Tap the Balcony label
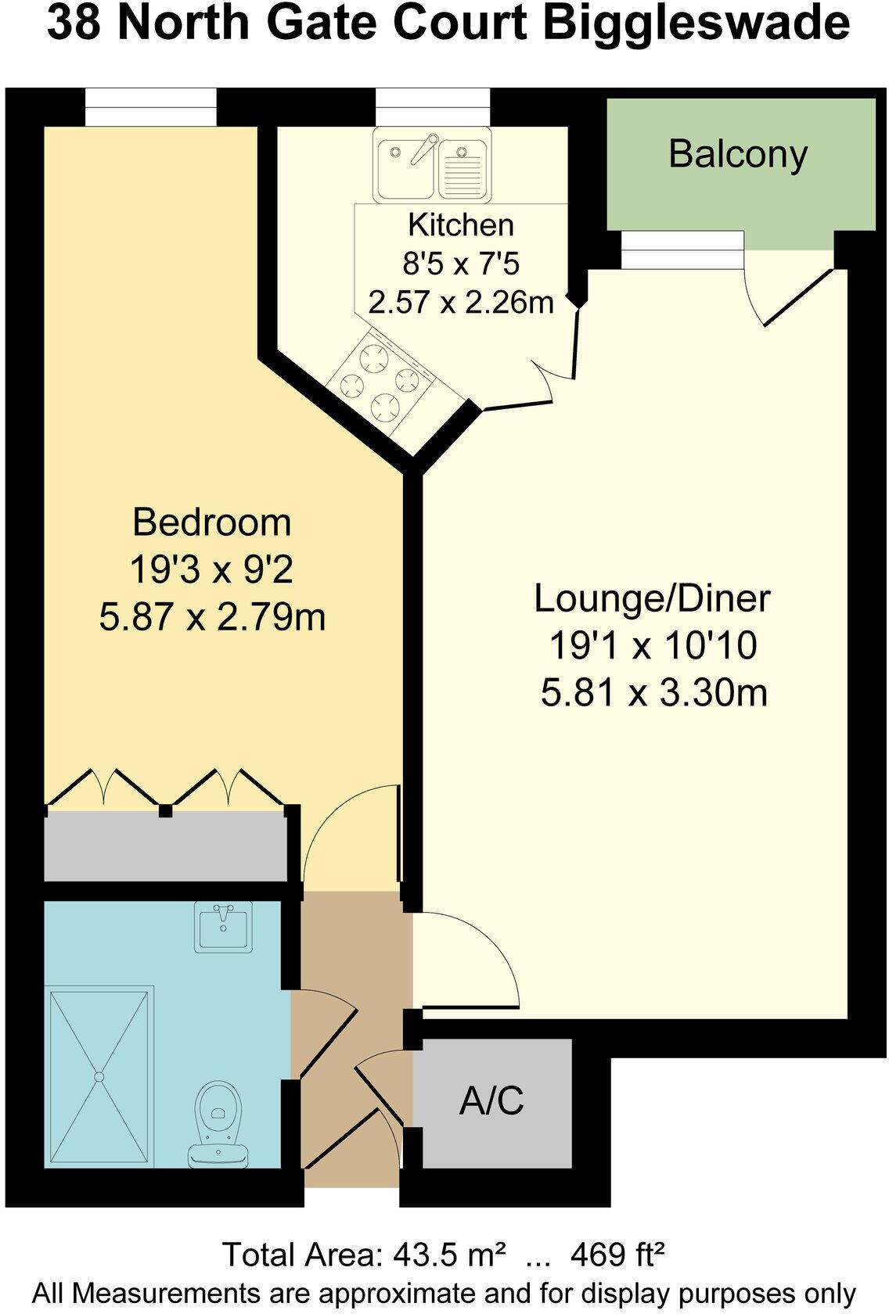point(737,154)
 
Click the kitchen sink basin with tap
point(405,166)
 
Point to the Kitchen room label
point(461,225)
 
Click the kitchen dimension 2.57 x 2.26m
point(461,301)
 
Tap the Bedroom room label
point(211,522)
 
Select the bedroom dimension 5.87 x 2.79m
point(211,618)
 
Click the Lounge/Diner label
point(652,598)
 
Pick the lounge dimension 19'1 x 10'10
point(652,646)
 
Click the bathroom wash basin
point(225,927)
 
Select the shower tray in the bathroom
point(99,1078)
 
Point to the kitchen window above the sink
point(432,106)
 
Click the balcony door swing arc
point(753,297)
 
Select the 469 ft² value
point(617,1254)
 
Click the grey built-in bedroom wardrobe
point(164,848)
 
